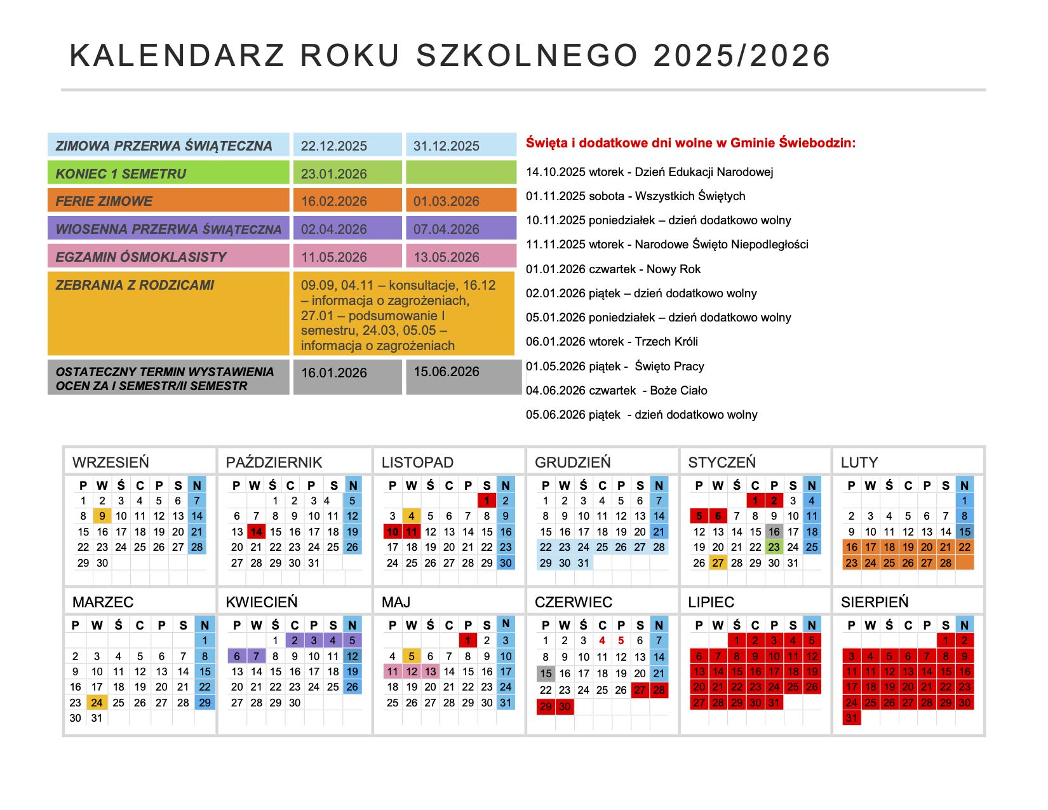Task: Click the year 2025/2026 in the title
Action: [741, 56]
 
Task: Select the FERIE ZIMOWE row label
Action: [104, 201]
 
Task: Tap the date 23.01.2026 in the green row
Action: [334, 173]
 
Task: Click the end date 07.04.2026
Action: [447, 229]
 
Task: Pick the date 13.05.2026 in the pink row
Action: [447, 257]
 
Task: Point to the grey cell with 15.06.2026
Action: [447, 372]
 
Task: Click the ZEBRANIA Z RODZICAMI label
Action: [135, 285]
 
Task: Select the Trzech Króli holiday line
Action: [612, 342]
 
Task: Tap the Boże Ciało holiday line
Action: [616, 391]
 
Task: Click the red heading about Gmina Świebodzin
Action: [690, 143]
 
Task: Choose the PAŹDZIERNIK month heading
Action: [274, 462]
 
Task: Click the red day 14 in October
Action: [256, 532]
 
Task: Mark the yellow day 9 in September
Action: [102, 516]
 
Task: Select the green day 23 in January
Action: [774, 547]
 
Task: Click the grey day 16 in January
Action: [774, 532]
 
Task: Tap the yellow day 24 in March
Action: [97, 703]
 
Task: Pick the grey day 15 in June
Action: [546, 673]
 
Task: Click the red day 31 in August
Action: [852, 718]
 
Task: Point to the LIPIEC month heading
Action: [711, 602]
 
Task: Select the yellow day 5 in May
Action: [412, 657]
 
